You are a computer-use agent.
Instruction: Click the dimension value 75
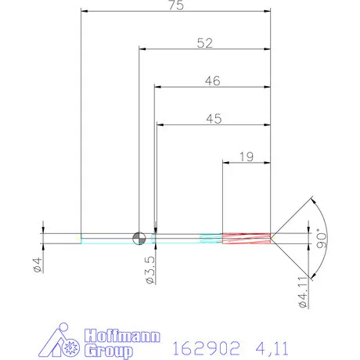pos(175,5)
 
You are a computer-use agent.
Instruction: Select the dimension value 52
pos(204,44)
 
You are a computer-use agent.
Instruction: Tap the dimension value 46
pos(211,81)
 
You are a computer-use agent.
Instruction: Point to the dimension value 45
pos(212,119)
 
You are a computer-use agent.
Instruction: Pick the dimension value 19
pos(246,157)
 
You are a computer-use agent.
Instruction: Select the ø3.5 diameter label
pos(149,267)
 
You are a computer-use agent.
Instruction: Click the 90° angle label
pos(319,238)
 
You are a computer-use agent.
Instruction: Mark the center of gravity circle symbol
pos(139,238)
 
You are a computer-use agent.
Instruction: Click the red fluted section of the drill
pos(246,238)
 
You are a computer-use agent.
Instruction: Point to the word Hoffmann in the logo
pos(121,337)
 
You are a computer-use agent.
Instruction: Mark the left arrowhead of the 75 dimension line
pos(85,12)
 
